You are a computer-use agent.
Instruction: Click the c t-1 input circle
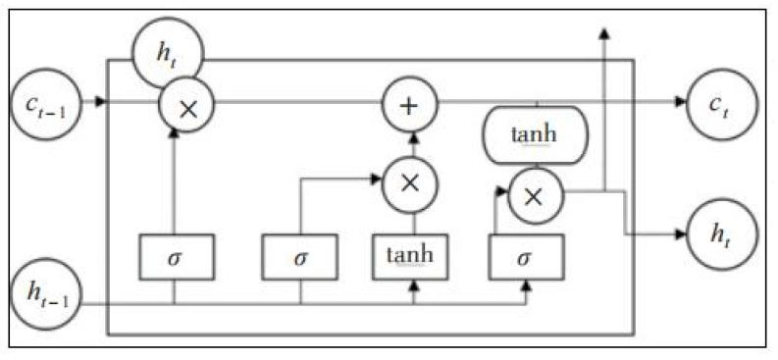[46, 99]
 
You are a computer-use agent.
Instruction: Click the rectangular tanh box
[410, 257]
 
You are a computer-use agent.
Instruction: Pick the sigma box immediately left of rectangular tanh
[299, 258]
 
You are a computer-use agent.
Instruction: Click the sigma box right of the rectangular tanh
[527, 258]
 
